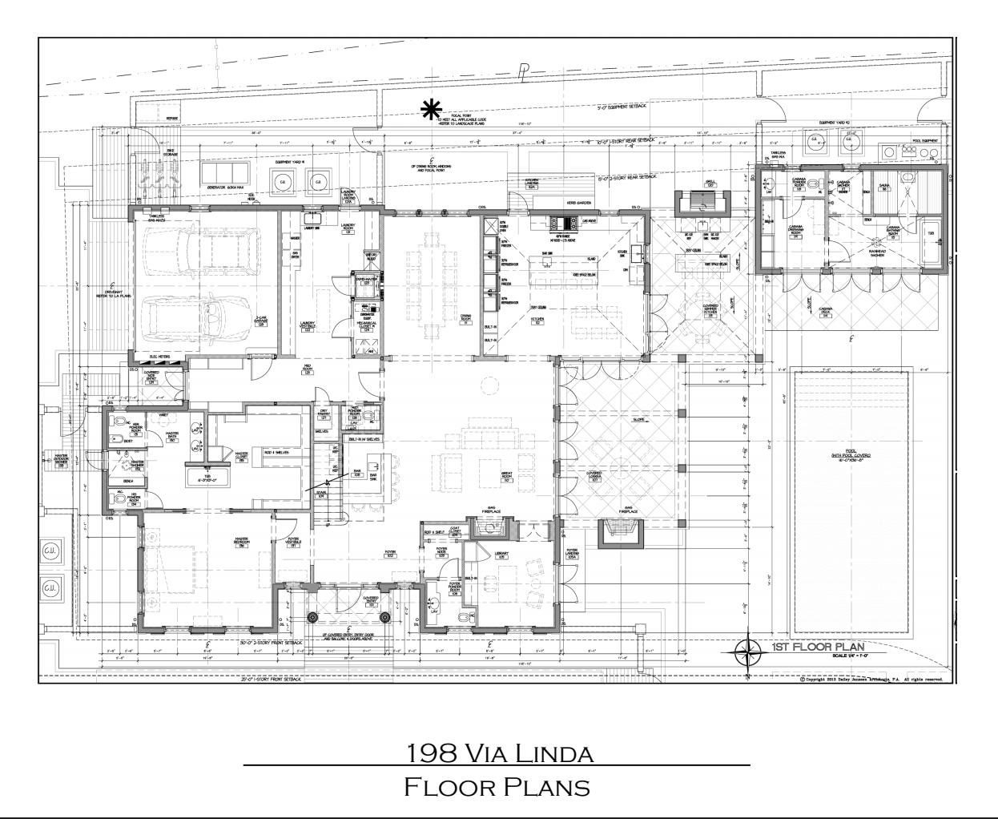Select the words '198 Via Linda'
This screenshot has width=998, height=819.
[500, 753]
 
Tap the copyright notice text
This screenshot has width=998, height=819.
[872, 680]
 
